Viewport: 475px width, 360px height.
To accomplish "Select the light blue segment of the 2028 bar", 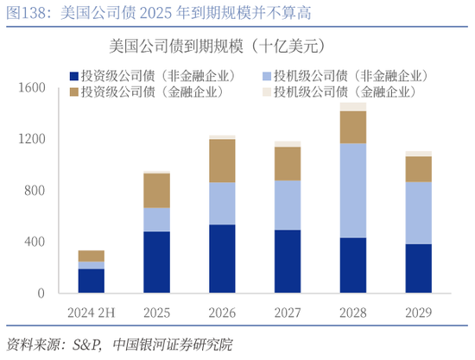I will pos(352,191).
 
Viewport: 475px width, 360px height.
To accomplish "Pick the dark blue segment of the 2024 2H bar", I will pos(91,281).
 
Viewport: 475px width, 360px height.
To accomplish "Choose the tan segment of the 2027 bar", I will pos(288,163).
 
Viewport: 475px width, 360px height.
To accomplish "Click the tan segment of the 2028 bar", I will pos(352,127).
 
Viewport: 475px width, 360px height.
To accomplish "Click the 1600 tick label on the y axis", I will pos(29,88).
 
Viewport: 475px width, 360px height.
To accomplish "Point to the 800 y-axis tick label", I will pos(33,191).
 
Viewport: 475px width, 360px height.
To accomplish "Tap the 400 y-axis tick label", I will pos(33,242).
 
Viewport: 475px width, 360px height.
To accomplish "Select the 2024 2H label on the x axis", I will pos(91,311).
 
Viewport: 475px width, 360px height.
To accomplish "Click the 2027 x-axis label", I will pos(288,311).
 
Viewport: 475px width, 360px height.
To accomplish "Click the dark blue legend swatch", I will pos(73,75).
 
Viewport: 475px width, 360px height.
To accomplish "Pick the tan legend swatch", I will pos(73,92).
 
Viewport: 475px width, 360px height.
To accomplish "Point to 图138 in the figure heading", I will pos(24,11).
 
